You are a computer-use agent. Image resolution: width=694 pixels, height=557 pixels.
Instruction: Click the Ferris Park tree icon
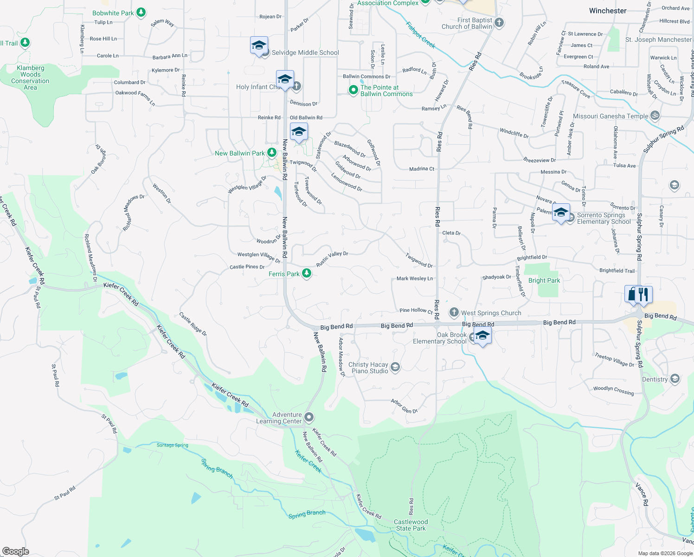[x=307, y=273]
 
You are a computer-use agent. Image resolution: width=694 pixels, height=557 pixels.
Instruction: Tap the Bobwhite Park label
[x=113, y=13]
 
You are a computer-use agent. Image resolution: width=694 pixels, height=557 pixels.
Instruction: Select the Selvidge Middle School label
[x=305, y=52]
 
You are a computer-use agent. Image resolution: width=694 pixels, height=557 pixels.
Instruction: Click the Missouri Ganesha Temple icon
[x=655, y=116]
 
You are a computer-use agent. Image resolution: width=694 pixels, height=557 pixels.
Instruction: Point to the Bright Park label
[x=544, y=280]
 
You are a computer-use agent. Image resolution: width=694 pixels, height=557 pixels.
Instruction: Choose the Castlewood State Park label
[x=411, y=525]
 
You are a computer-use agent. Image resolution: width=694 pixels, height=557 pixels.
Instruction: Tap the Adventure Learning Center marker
[x=309, y=417]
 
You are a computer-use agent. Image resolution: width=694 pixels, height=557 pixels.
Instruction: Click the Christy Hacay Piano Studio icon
[x=395, y=367]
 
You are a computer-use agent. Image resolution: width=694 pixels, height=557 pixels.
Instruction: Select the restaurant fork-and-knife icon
[x=643, y=294]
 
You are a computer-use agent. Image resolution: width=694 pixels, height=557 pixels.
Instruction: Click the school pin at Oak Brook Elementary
[x=482, y=336]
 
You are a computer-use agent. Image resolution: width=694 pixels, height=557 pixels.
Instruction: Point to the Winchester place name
[x=608, y=11]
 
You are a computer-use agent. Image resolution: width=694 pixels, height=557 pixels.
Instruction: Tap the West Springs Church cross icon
[x=454, y=312]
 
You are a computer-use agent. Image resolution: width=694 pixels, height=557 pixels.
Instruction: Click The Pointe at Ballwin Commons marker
[x=353, y=90]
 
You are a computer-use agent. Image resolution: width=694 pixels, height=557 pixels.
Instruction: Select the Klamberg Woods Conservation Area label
[x=30, y=78]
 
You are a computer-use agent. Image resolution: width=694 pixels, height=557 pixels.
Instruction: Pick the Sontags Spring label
[x=173, y=445]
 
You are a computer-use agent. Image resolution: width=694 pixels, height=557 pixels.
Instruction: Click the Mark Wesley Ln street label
[x=415, y=278]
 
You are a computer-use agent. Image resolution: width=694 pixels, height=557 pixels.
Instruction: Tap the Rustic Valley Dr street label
[x=332, y=259]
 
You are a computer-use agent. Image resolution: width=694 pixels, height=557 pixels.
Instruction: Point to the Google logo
[x=16, y=551]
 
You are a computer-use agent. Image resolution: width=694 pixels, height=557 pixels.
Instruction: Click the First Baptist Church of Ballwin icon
[x=499, y=22]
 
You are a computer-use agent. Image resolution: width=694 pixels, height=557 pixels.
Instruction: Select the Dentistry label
[x=655, y=379]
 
